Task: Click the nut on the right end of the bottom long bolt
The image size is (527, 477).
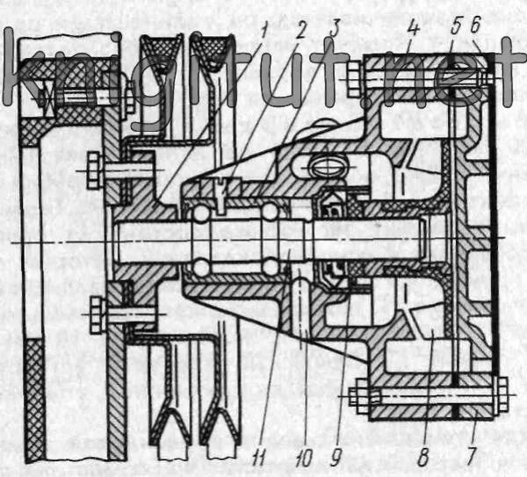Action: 502,394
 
